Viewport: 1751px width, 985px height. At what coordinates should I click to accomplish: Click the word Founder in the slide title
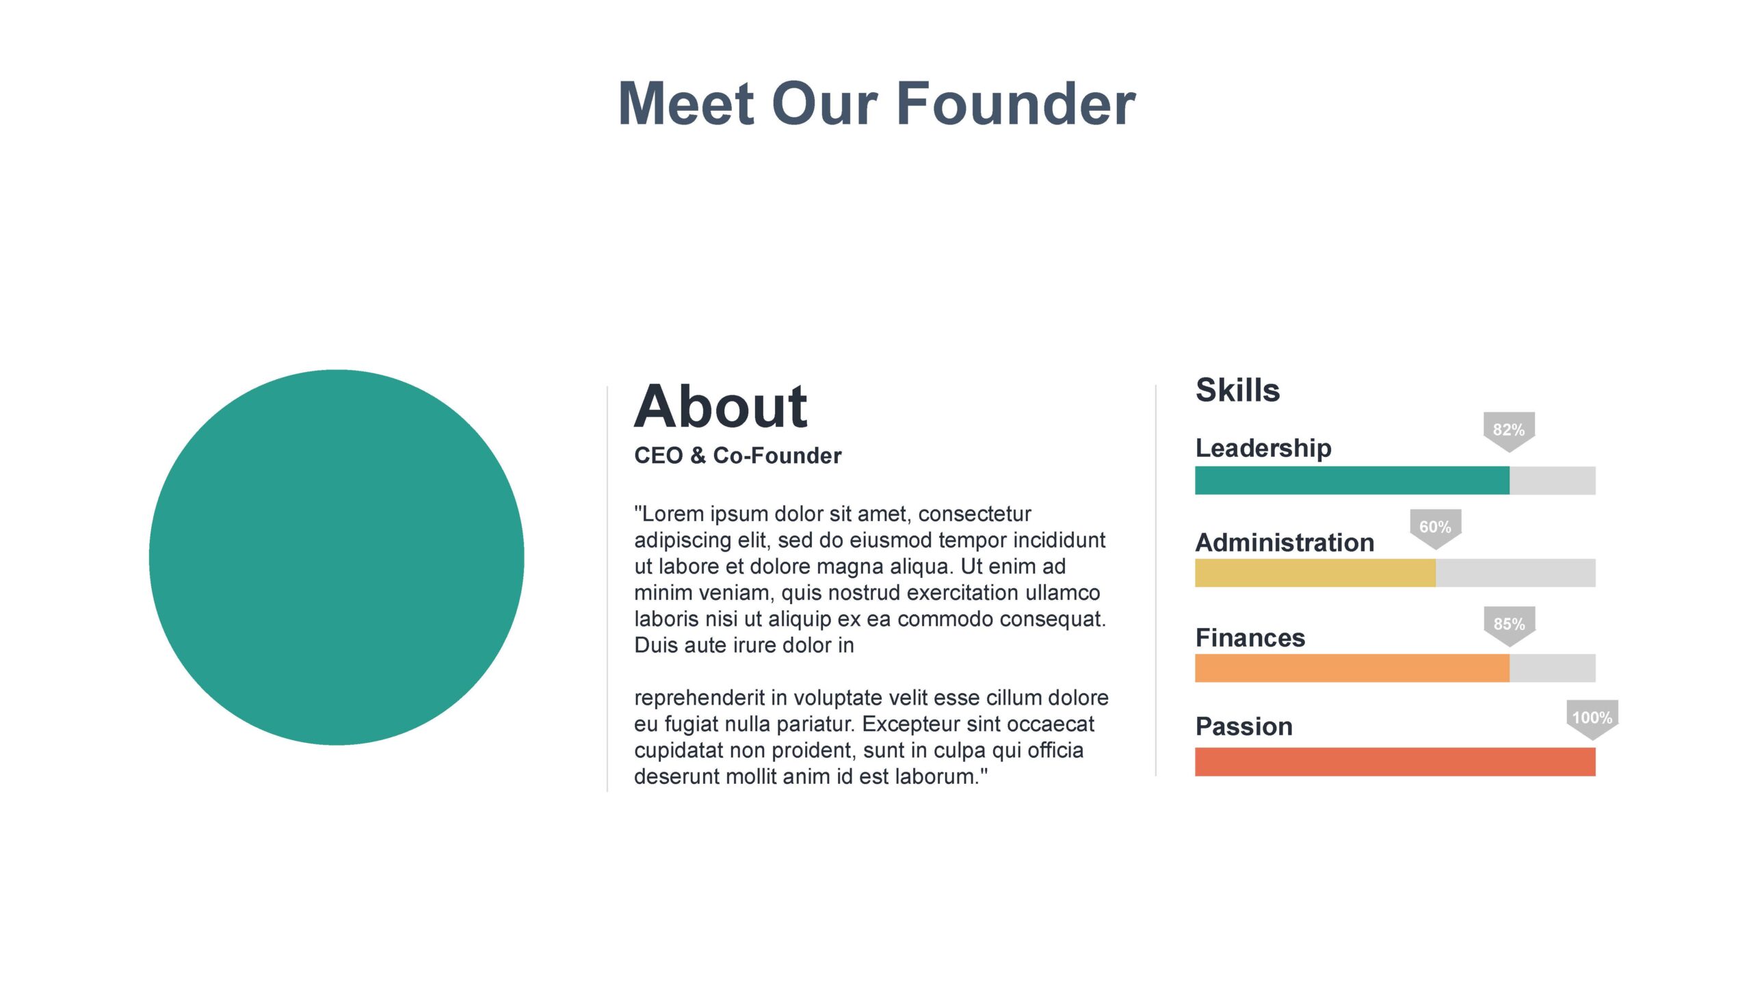(1016, 103)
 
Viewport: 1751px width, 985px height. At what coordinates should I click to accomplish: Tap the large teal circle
(337, 557)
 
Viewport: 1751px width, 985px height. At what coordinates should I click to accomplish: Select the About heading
(721, 406)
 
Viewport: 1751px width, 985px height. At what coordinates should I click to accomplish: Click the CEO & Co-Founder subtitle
(737, 456)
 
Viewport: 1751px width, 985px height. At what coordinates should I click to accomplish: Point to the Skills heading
(1237, 390)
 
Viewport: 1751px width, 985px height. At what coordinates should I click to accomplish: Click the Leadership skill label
(1263, 448)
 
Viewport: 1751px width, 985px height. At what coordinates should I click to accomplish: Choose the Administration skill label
(1285, 542)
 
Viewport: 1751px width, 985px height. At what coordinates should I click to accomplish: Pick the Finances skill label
(1250, 638)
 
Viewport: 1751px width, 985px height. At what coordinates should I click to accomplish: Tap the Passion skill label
(1244, 726)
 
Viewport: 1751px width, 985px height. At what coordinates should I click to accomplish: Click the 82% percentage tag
(1509, 431)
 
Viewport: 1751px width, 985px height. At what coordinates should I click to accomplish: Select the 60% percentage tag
(1435, 528)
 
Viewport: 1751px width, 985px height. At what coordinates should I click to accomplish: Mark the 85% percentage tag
(1509, 625)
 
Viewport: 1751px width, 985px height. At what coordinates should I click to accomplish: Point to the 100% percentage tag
(1592, 719)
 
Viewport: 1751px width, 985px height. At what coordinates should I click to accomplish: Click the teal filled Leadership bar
(1352, 480)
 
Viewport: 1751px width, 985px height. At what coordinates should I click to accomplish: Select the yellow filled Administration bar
(1315, 573)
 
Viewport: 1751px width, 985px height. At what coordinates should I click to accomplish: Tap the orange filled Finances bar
(1352, 668)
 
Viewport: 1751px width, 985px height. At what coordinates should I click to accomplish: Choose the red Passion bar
(1395, 762)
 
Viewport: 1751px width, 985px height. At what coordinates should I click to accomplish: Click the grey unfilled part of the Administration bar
(1516, 573)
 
